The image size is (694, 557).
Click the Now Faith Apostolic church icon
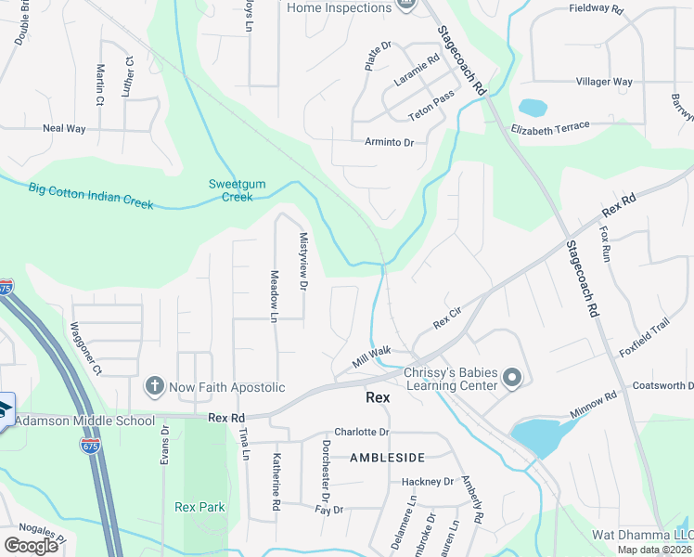coord(155,384)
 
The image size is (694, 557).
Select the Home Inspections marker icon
coord(405,6)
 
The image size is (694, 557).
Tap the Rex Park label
coord(199,507)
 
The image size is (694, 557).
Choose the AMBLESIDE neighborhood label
coord(387,458)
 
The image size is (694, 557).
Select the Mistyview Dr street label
coord(302,261)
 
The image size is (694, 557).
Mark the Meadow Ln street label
coord(274,296)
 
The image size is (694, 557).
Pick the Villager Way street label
coord(604,82)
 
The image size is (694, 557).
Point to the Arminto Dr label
coord(389,142)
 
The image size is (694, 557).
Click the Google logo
coord(31,545)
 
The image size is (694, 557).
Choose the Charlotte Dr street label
coord(361,432)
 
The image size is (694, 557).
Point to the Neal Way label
coord(64,128)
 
